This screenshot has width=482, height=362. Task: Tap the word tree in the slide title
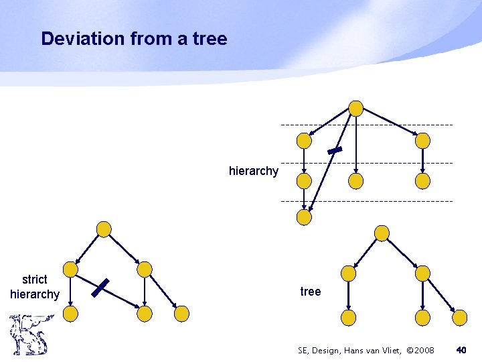click(x=210, y=39)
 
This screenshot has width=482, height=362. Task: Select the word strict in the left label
click(x=35, y=280)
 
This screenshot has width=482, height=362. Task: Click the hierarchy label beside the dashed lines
click(x=253, y=171)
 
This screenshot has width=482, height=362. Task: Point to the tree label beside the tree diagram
click(x=311, y=292)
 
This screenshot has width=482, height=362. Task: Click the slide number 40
click(x=461, y=350)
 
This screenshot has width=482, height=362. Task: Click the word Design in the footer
click(x=329, y=350)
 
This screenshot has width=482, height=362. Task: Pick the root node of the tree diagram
click(x=382, y=233)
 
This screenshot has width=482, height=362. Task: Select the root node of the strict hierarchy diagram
click(x=104, y=229)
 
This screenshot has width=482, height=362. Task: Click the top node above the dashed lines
click(x=356, y=109)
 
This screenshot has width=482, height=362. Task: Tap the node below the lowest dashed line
click(x=304, y=217)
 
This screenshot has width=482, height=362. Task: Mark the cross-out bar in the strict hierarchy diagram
click(x=100, y=288)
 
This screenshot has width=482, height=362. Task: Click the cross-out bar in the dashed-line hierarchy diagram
click(x=335, y=151)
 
